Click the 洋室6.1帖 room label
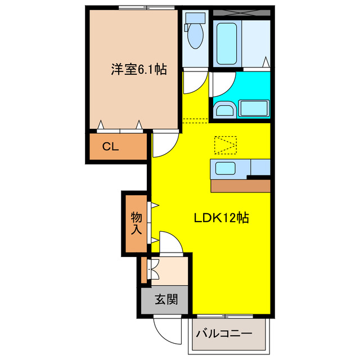[138, 70]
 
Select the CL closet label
[110, 147]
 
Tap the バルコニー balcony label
[224, 334]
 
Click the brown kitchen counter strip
[240, 186]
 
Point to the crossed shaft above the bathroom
[242, 11]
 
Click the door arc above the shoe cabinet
[170, 243]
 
